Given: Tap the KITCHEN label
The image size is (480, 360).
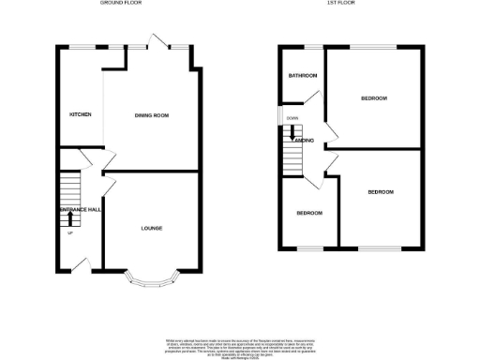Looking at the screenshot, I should tap(80, 114).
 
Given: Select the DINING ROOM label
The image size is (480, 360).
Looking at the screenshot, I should tap(151, 114).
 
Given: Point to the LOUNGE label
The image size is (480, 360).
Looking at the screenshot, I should tap(152, 227).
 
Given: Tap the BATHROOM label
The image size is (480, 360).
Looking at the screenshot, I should tap(302, 76).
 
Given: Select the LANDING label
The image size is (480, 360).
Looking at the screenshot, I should tap(302, 141).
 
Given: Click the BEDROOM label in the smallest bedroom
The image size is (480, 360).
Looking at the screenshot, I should tap(309, 213).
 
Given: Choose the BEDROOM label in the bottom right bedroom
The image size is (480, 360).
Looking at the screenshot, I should tap(380, 192).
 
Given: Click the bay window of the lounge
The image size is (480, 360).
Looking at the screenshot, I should tap(151, 277).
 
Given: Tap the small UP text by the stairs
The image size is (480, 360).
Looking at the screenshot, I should tap(68, 232).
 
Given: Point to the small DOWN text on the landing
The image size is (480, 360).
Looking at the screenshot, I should tap(292, 118).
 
